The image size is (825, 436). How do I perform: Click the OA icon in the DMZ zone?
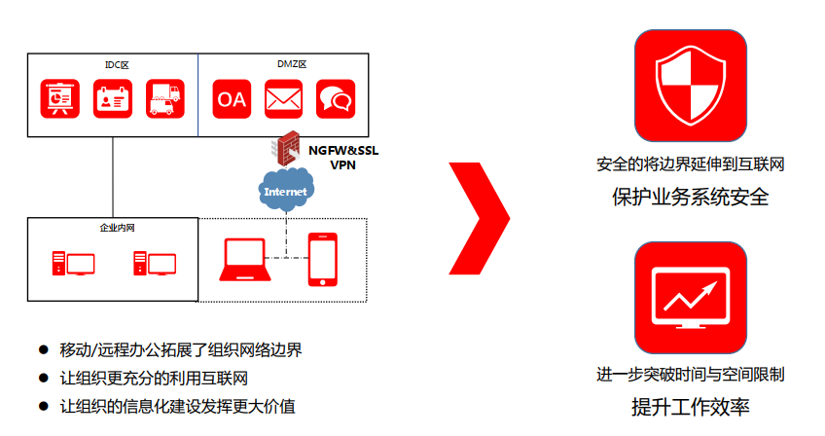[x=232, y=98]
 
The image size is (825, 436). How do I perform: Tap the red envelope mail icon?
[x=284, y=98]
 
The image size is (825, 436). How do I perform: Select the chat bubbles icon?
[x=336, y=98]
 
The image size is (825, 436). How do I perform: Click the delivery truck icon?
[x=164, y=98]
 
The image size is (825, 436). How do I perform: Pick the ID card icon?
[x=112, y=98]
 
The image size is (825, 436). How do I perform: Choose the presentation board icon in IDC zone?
[x=59, y=98]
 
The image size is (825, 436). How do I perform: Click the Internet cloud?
[x=285, y=190]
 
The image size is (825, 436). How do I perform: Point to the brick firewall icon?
[x=289, y=150]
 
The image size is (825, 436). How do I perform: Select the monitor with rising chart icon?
[x=690, y=299]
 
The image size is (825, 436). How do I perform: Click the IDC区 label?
[x=117, y=64]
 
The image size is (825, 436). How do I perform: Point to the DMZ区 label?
[x=291, y=64]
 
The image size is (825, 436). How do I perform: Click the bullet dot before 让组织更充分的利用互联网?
[x=43, y=377]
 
